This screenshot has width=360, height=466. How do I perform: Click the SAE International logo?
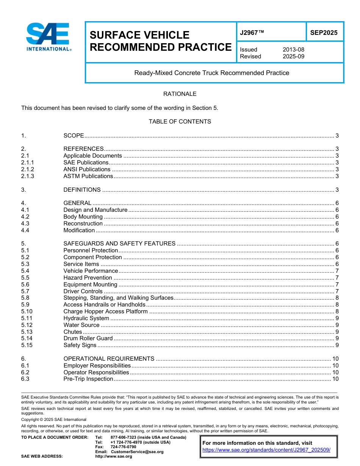(48, 37)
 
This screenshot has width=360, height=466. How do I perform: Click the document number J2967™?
(252, 33)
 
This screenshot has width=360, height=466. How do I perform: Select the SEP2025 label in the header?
(324, 33)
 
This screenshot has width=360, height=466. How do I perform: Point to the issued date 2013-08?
(293, 50)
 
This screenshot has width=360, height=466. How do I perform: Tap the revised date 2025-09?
(293, 56)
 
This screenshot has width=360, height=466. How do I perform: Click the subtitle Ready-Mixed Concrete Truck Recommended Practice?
(211, 73)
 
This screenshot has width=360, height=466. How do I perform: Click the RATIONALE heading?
(180, 94)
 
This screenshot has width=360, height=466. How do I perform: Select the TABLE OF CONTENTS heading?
(180, 122)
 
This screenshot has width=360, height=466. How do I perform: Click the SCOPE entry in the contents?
(74, 136)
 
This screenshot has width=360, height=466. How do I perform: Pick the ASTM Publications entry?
(88, 176)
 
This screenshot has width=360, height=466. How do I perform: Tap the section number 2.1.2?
(28, 169)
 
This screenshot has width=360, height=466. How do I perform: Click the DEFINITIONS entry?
(82, 190)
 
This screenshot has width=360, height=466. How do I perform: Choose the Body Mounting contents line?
(83, 217)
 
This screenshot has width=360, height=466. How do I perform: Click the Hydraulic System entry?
(86, 318)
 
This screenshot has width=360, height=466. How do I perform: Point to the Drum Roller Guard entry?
(88, 338)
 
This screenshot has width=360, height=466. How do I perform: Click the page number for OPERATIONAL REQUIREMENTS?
(335, 359)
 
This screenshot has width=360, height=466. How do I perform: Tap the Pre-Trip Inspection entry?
(88, 379)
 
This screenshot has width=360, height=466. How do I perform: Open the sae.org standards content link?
(266, 450)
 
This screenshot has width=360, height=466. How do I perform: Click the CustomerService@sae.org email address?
(137, 452)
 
